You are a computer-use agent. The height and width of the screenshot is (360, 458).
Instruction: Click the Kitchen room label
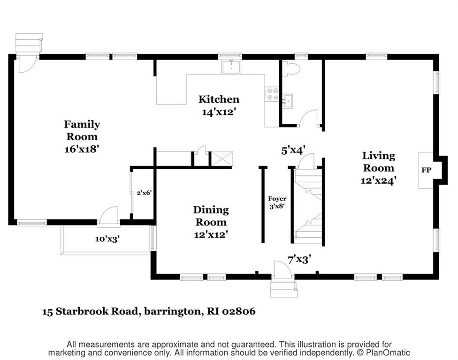[219, 99]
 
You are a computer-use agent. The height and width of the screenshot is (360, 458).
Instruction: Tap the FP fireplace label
[426, 170]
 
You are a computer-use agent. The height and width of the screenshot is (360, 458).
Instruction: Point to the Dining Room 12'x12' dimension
[211, 234]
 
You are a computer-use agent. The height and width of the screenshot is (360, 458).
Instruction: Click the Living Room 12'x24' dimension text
[378, 180]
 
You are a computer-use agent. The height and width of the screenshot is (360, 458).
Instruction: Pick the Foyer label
[277, 199]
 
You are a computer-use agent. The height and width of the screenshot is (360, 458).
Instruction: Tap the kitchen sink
[231, 67]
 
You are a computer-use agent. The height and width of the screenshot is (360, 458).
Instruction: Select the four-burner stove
[272, 94]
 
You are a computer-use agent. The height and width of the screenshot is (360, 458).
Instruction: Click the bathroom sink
[288, 101]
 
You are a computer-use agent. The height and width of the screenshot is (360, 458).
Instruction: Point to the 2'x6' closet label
[144, 193]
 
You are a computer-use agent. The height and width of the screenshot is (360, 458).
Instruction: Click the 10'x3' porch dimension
[107, 239]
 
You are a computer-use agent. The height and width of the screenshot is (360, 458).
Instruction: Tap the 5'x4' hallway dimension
[293, 150]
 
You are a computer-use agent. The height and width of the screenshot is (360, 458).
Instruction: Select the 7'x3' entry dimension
[299, 259]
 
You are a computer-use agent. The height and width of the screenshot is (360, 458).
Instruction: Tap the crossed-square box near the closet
[222, 159]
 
